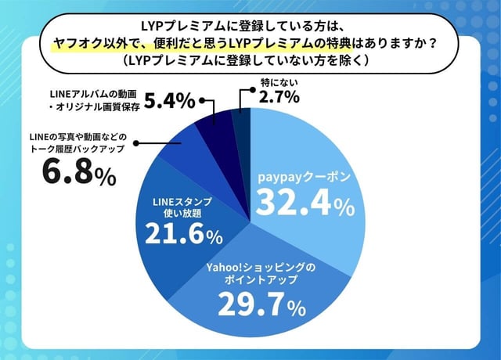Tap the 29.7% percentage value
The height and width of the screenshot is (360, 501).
[x=257, y=304]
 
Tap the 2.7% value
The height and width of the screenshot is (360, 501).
[x=279, y=98]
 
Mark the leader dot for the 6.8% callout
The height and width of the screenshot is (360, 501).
[x=138, y=144]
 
